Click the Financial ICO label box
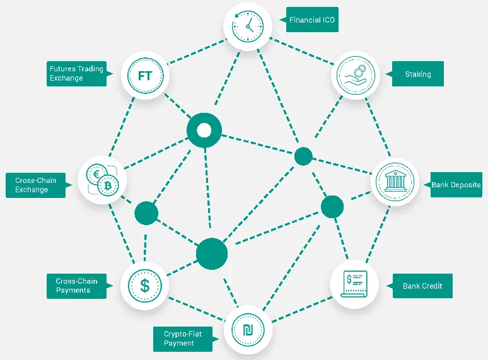312,20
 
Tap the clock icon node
248,26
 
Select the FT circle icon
145,76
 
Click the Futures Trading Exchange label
76,74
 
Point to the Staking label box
417,74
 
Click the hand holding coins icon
356,75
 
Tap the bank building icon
395,182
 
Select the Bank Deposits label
456,185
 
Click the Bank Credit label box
422,286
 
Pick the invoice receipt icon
354,284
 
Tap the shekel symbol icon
248,330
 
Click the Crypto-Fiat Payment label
183,339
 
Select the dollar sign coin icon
145,286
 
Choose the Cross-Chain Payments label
76,286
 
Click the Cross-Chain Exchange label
35,185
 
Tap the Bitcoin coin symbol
108,186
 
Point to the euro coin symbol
96,174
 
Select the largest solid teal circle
212,254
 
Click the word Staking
418,74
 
